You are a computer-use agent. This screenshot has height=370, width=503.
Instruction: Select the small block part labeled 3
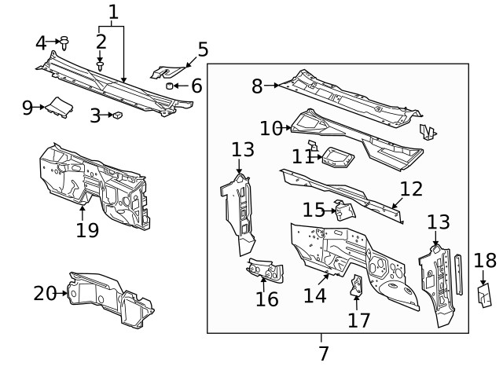coord(117,115)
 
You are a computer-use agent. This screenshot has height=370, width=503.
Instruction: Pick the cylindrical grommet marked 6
coord(169,86)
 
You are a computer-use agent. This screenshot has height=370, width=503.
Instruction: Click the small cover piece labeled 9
coord(56,106)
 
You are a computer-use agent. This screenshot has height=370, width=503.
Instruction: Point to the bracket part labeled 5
coord(165,72)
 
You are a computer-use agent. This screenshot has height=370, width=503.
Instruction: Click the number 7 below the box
coord(322,354)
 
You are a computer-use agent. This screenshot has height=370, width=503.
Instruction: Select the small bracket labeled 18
coord(484,295)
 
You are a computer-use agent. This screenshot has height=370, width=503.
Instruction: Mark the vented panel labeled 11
coord(335,157)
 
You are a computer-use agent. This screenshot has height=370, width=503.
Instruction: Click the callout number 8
coord(257,86)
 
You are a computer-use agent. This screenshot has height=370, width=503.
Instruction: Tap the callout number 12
coord(410,189)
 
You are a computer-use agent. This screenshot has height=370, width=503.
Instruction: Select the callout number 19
coord(87,229)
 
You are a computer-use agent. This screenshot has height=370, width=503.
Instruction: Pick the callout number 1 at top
coord(113,12)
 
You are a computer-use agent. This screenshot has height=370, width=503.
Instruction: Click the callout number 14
coord(315,295)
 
